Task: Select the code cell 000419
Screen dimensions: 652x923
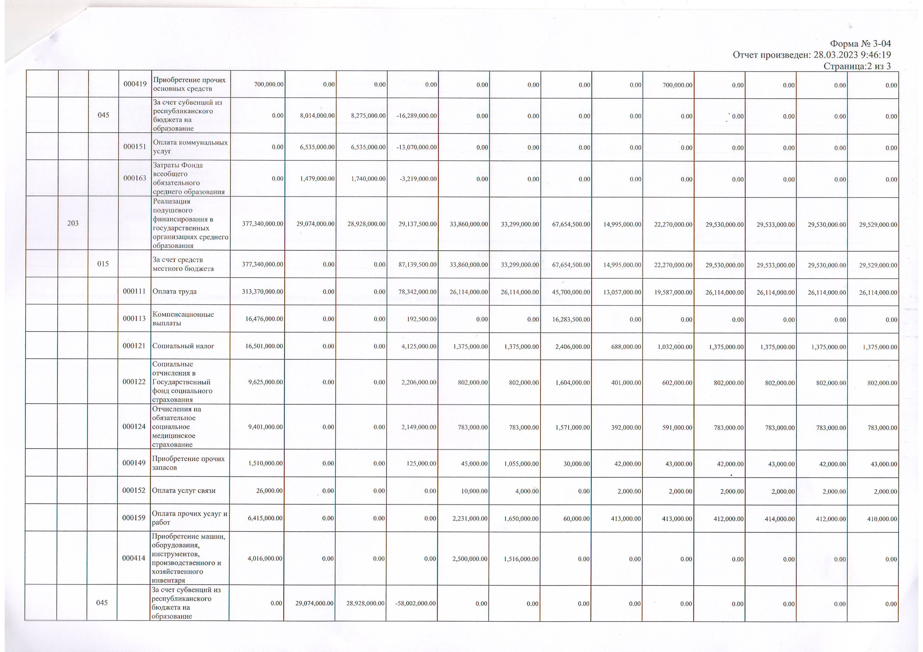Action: click(135, 84)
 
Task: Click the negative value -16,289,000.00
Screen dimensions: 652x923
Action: click(417, 116)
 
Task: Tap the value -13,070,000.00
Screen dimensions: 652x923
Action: click(417, 147)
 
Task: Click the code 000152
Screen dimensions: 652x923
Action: click(134, 491)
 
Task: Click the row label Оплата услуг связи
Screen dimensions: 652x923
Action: click(184, 491)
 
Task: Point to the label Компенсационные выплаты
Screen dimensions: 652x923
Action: click(183, 319)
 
